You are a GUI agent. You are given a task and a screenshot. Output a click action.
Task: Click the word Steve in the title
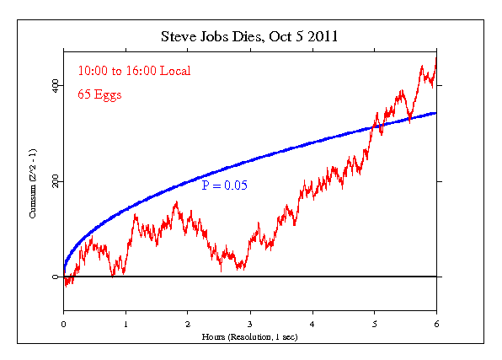(x=179, y=38)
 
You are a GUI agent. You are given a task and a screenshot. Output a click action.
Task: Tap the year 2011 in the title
(x=325, y=38)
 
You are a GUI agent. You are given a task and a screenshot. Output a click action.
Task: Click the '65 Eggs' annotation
(x=99, y=94)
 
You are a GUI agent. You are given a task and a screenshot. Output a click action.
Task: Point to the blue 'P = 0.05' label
(x=224, y=184)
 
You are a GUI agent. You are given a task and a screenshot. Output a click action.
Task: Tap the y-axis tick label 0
(x=55, y=277)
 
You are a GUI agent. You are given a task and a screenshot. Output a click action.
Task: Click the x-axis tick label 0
(x=63, y=323)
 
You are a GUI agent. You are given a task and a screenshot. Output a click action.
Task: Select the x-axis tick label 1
(x=125, y=323)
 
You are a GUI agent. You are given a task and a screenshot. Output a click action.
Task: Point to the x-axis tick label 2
(x=188, y=323)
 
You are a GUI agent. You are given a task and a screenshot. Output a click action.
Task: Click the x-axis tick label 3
(x=250, y=323)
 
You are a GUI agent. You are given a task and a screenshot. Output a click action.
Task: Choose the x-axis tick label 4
(x=312, y=323)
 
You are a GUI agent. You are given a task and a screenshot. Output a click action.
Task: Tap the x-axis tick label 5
(x=374, y=323)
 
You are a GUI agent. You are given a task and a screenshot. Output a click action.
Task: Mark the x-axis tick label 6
(x=436, y=323)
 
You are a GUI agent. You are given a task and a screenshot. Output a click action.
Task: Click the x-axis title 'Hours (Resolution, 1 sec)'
(x=250, y=336)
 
